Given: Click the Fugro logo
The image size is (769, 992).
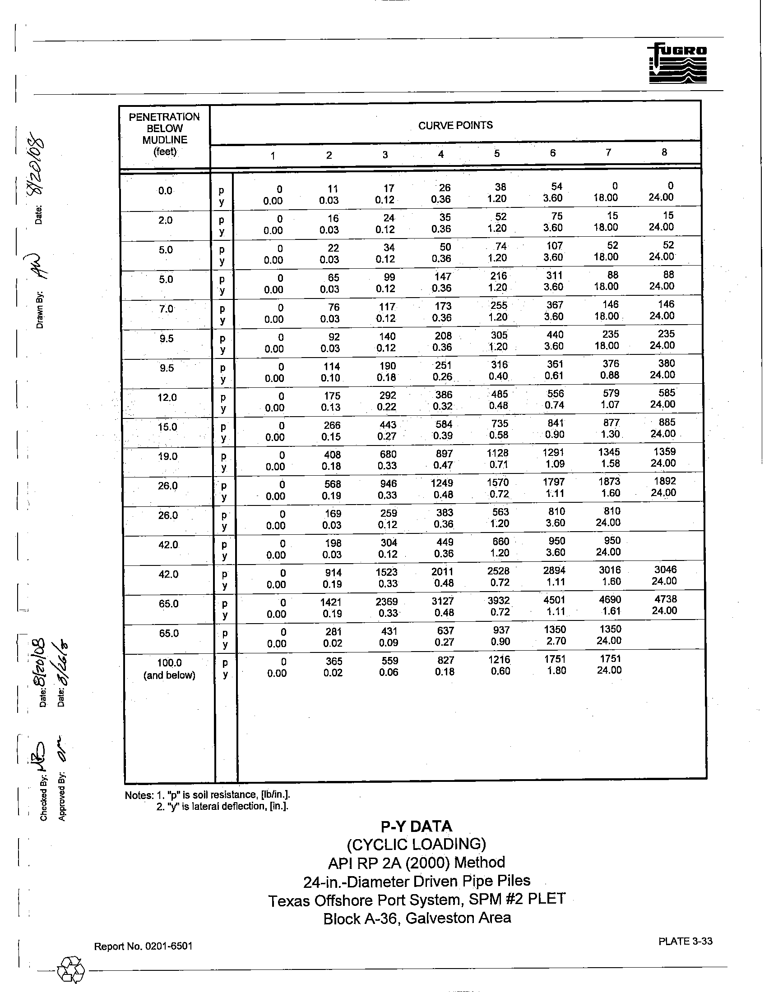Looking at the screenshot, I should point(678,64).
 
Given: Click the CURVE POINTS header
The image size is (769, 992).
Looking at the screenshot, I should point(455,125).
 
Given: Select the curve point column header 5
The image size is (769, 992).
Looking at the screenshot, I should point(497,153).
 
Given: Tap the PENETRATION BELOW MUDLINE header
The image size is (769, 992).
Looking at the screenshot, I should point(164,134).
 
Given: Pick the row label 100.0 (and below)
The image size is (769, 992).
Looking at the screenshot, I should point(170,669).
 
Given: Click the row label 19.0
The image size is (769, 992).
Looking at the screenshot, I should point(168,456).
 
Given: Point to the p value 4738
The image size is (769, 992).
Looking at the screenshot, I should point(666,599).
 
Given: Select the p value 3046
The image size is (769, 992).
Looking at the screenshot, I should point(666,569).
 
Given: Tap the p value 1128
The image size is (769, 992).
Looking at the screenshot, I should point(498,453).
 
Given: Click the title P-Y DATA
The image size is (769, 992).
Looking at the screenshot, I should point(416,826).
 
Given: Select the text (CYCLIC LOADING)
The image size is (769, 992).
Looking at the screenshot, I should point(416,845).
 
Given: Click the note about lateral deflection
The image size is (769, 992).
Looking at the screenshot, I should point(222,806).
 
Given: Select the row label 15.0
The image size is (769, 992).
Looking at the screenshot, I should point(167,427).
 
